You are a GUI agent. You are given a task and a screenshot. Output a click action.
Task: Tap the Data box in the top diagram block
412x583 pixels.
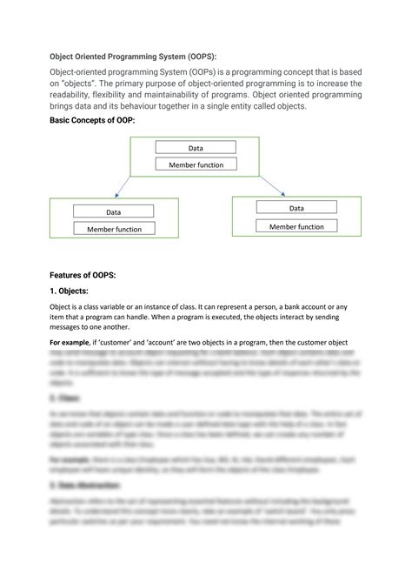click(x=196, y=148)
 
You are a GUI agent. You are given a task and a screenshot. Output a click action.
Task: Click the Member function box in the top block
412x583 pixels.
click(x=196, y=164)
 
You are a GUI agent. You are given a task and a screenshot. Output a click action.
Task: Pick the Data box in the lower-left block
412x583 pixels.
click(x=113, y=211)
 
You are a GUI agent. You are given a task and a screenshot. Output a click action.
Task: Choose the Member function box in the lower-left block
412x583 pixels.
click(x=113, y=229)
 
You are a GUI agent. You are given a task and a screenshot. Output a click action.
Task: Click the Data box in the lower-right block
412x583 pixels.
click(x=296, y=208)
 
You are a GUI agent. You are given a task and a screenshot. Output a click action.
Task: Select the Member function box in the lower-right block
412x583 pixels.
click(x=296, y=226)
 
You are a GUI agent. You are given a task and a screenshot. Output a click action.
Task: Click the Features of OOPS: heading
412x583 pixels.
click(x=83, y=274)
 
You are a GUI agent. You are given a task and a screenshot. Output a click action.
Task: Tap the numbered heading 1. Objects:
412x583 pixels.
click(x=74, y=291)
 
